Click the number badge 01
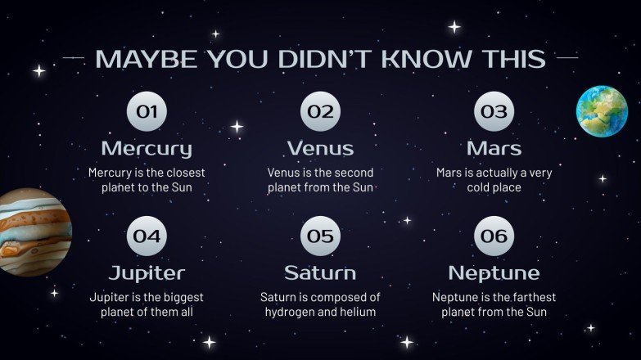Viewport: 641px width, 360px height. pyautogui.click(x=147, y=112)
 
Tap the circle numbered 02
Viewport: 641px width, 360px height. pyautogui.click(x=320, y=112)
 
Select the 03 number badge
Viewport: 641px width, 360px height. pyautogui.click(x=494, y=112)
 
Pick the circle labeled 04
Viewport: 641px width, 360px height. pyautogui.click(x=147, y=236)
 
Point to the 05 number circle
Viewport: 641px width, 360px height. pyautogui.click(x=320, y=236)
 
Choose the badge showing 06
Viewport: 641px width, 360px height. pyautogui.click(x=494, y=236)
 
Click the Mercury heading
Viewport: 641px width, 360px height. pyautogui.click(x=147, y=149)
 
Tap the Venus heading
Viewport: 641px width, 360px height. pyautogui.click(x=320, y=149)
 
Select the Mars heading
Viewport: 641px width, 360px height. pyautogui.click(x=494, y=149)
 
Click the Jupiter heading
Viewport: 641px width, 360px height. pyautogui.click(x=147, y=272)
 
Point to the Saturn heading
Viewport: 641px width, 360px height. pyautogui.click(x=320, y=272)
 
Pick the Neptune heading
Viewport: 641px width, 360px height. pyautogui.click(x=494, y=272)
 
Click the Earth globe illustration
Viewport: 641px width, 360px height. pyautogui.click(x=602, y=110)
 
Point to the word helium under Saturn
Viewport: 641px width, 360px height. pyautogui.click(x=358, y=312)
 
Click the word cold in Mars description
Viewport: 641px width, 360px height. pyautogui.click(x=480, y=187)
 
